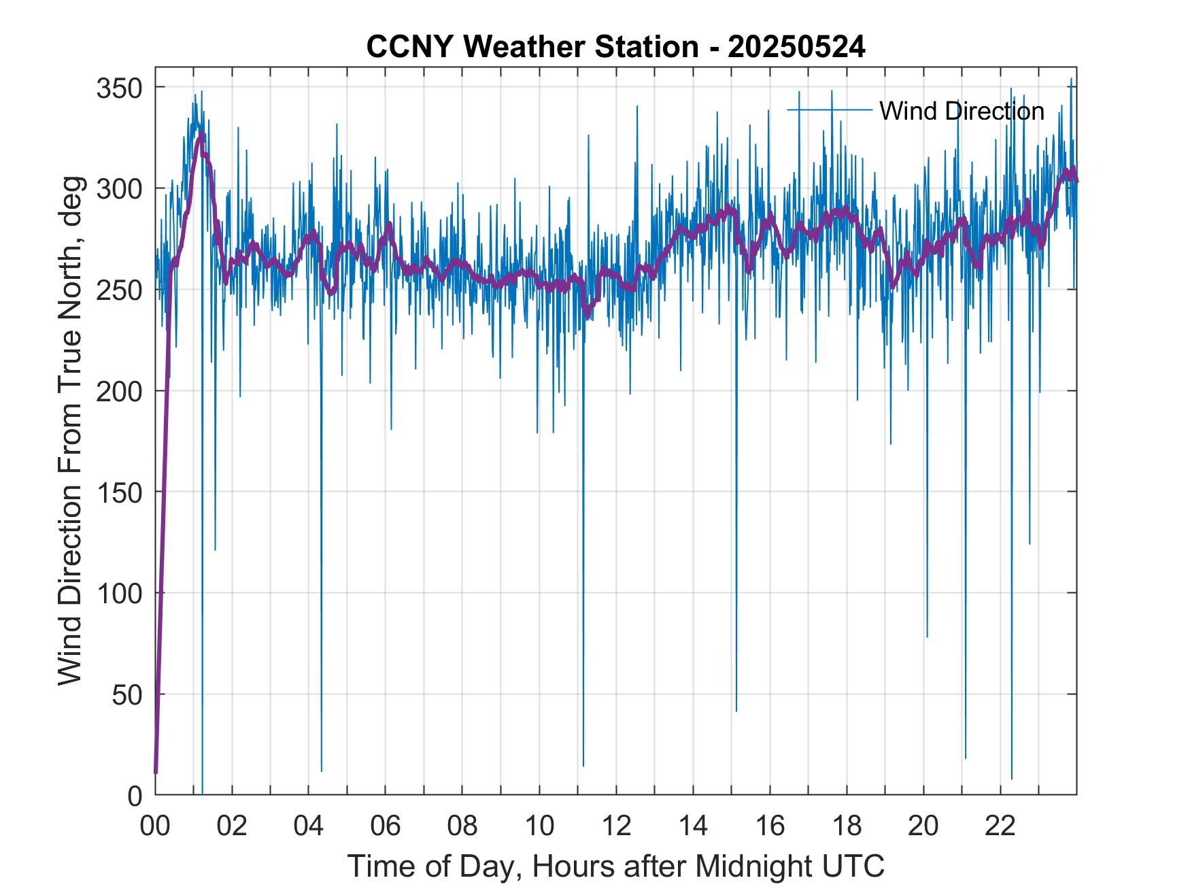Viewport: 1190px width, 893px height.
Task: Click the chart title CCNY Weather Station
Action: click(530, 48)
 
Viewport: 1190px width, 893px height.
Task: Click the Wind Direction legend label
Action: click(962, 111)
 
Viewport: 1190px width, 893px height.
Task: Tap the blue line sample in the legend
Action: click(830, 110)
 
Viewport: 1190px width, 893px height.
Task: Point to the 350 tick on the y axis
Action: click(120, 88)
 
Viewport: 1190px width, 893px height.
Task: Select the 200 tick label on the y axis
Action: click(120, 391)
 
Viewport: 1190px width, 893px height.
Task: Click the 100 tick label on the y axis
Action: click(120, 593)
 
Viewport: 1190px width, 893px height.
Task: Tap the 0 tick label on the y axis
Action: click(135, 795)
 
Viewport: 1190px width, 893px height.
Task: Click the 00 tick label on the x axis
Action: click(156, 826)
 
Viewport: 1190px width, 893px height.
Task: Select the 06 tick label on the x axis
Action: click(386, 826)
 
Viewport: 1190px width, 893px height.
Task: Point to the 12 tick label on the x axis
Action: click(616, 826)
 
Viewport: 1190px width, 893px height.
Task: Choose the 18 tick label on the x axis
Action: click(847, 826)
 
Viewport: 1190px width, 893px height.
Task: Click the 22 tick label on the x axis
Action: click(1000, 826)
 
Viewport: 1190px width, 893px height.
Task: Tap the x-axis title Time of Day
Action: click(616, 866)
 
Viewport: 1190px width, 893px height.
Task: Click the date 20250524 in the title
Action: click(796, 48)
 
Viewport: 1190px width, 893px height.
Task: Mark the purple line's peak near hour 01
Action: click(200, 134)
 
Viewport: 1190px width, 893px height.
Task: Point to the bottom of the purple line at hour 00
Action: click(156, 773)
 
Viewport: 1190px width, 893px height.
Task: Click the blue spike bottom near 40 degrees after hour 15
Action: click(736, 711)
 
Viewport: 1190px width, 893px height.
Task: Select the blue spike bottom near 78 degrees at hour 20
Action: click(927, 637)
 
